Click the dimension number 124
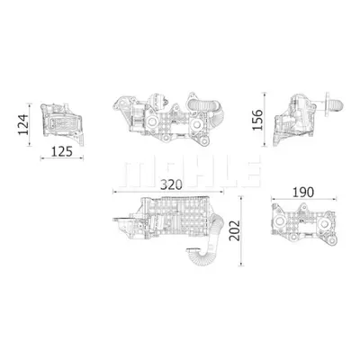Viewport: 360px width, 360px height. coord(23,124)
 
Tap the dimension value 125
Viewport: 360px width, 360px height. coord(62,151)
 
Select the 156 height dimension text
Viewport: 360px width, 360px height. coord(257,120)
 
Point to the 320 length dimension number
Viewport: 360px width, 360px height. coord(171,184)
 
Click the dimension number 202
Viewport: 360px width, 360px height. coord(234,230)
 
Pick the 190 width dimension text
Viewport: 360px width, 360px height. coord(303,193)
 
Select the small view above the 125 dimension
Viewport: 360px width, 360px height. coord(62,124)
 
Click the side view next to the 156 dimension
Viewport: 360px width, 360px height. coord(309,119)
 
